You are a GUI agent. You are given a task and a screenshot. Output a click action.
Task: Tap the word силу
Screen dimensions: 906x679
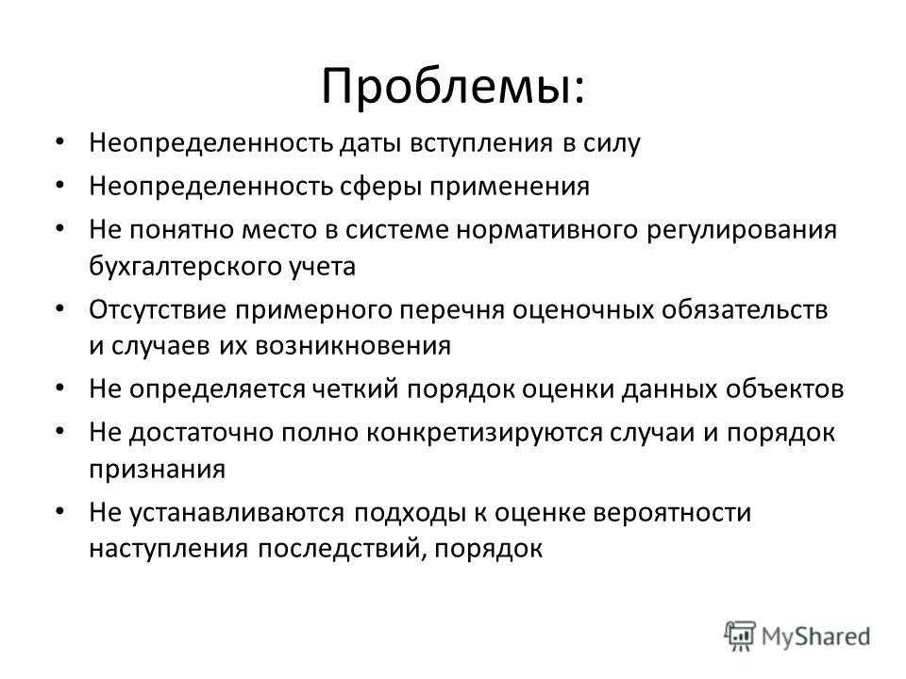coord(612,143)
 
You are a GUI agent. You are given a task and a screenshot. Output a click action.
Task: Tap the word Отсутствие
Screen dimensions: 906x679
coord(158,310)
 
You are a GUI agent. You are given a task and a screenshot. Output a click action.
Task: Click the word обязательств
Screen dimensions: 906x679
coord(745,310)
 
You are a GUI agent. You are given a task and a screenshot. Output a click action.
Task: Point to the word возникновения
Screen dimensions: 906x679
coord(353,346)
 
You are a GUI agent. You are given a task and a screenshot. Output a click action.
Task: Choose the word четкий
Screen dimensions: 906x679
coord(356,389)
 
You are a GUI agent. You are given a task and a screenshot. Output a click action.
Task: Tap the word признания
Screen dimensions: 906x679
coord(157,469)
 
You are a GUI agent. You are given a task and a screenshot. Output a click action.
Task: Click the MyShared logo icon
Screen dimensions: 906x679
coord(740,636)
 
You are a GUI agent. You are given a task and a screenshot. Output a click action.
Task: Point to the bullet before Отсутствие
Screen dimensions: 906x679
coord(60,309)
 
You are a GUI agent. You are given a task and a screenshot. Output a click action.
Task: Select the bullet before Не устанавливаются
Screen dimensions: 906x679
coord(60,511)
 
